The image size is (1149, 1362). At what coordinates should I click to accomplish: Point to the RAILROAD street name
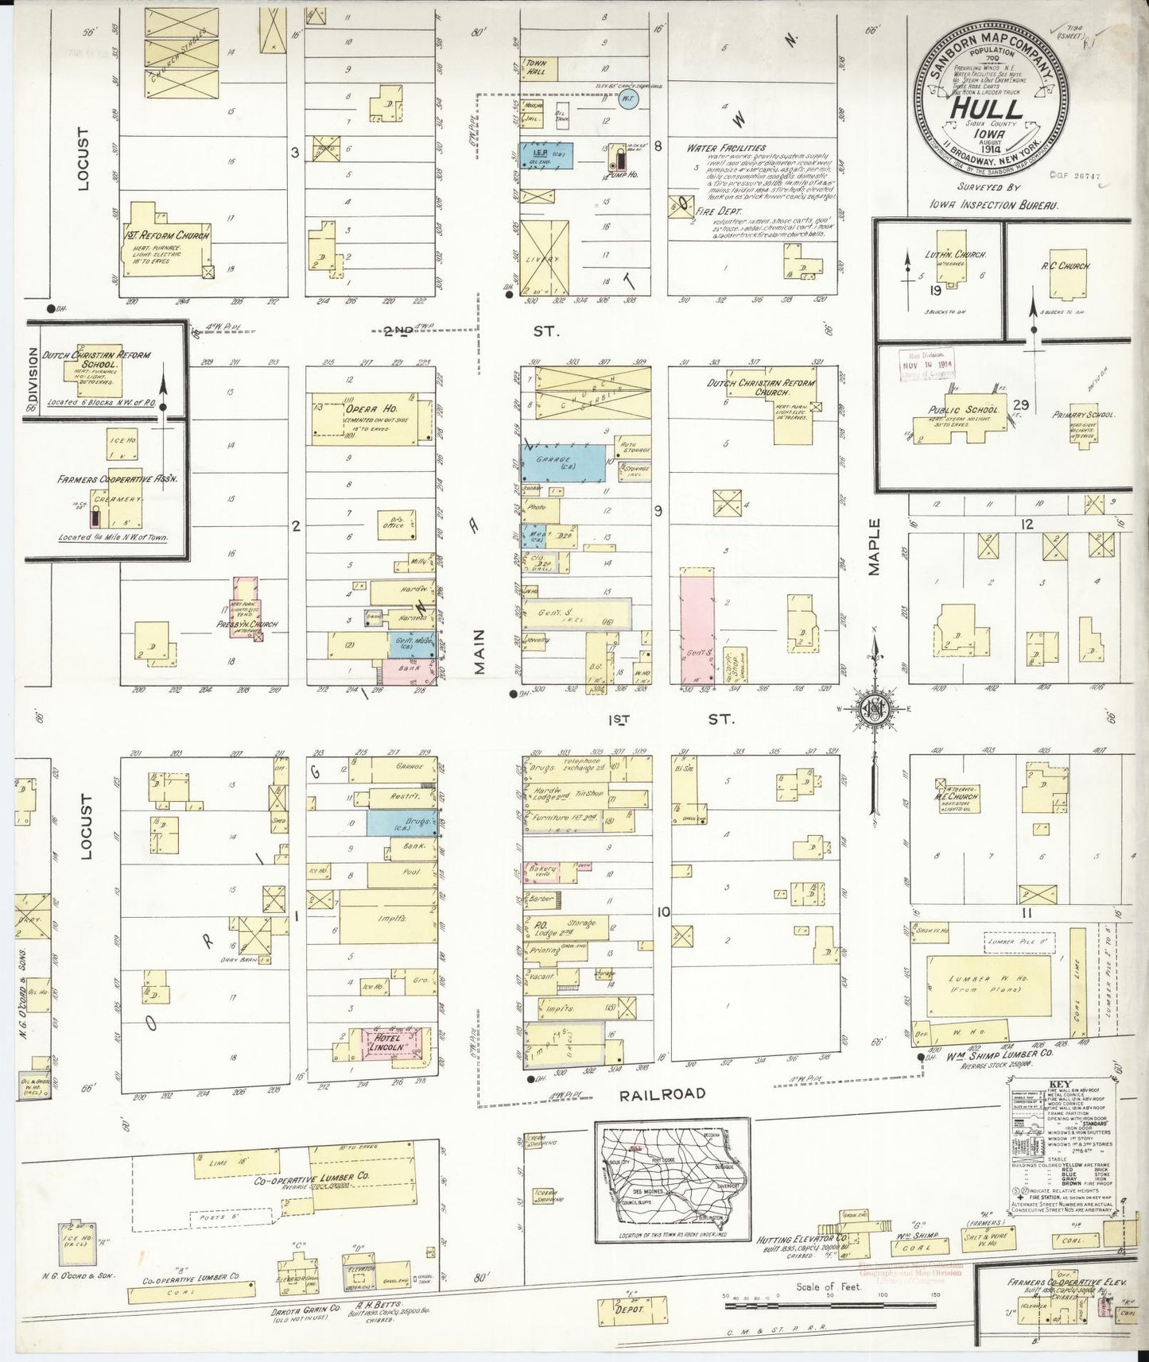tap(662, 1093)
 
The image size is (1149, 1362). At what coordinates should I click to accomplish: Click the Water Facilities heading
tap(728, 147)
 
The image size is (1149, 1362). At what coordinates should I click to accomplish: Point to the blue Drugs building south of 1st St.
tap(401, 822)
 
